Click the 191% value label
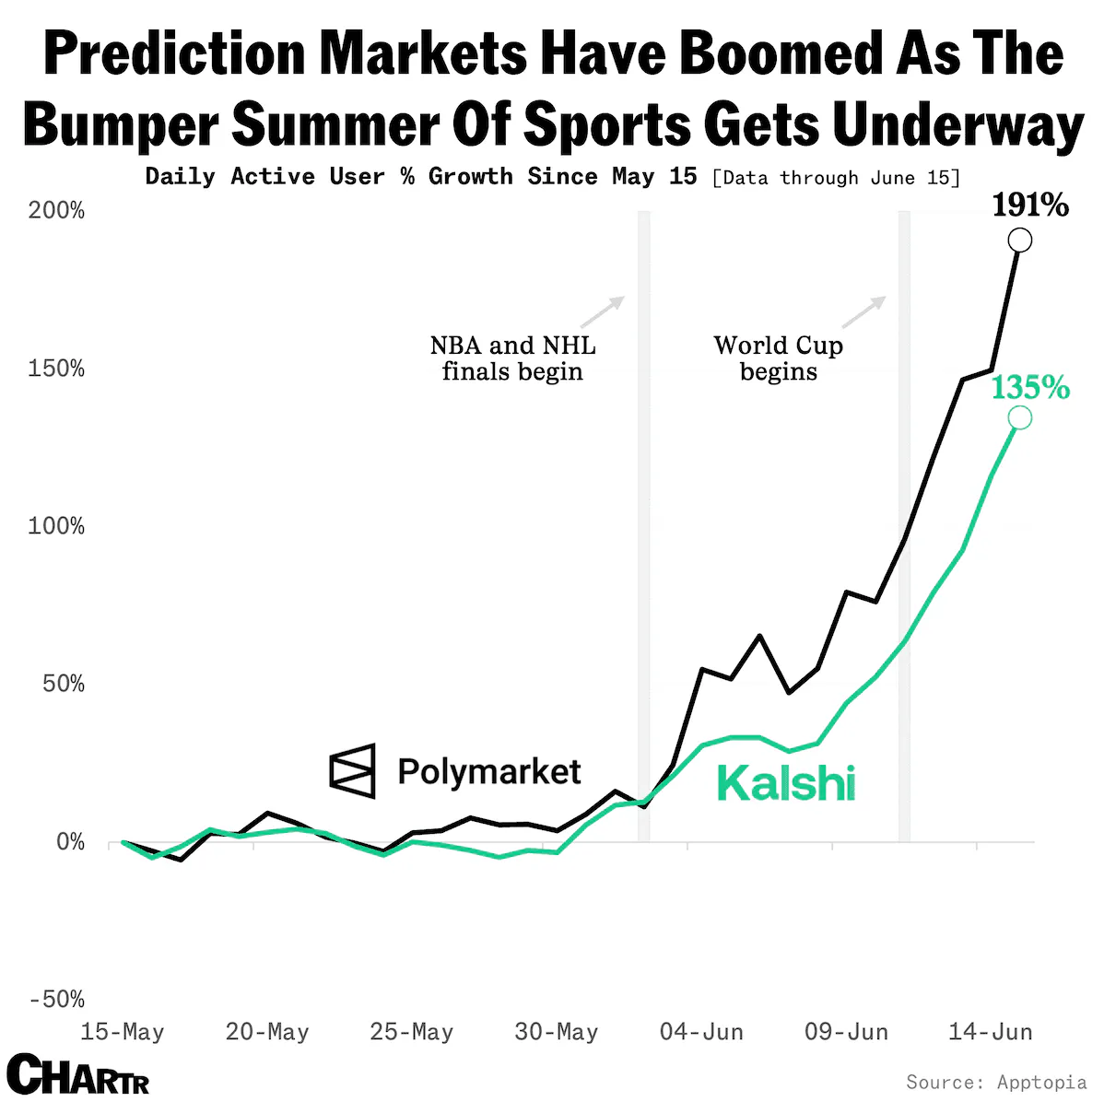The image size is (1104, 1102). click(1030, 205)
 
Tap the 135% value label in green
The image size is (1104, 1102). click(1030, 387)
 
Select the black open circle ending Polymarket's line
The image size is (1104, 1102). click(1019, 240)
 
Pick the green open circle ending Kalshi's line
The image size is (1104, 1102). click(1019, 417)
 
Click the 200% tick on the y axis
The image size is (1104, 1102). click(56, 210)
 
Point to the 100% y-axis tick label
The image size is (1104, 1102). click(56, 525)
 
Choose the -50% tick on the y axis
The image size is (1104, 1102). click(57, 999)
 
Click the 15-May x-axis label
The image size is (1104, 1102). click(123, 1032)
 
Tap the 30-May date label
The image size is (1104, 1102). click(557, 1032)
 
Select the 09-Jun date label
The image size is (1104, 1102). click(846, 1032)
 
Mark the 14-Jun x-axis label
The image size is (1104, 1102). click(991, 1032)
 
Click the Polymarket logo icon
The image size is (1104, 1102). click(352, 770)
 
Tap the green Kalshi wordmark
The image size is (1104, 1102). click(786, 783)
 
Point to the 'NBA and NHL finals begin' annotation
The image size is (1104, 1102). click(513, 358)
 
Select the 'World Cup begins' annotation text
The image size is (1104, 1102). click(778, 358)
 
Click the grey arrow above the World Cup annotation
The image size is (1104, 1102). click(863, 312)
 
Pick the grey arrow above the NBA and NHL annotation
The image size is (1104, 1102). click(603, 312)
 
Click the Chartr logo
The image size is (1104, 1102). click(78, 1073)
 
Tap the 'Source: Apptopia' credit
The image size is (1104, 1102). click(996, 1082)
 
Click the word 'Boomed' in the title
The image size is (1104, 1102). click(781, 53)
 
